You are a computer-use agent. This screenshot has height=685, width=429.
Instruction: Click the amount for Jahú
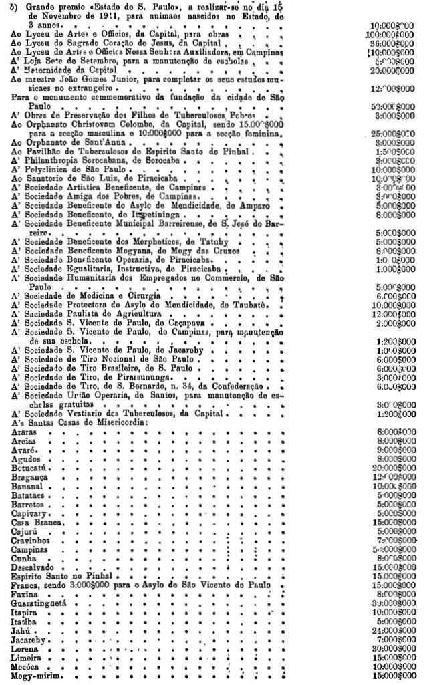click(x=391, y=630)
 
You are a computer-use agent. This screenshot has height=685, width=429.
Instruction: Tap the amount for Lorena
click(x=391, y=648)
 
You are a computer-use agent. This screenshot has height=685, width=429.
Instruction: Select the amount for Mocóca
click(x=391, y=667)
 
